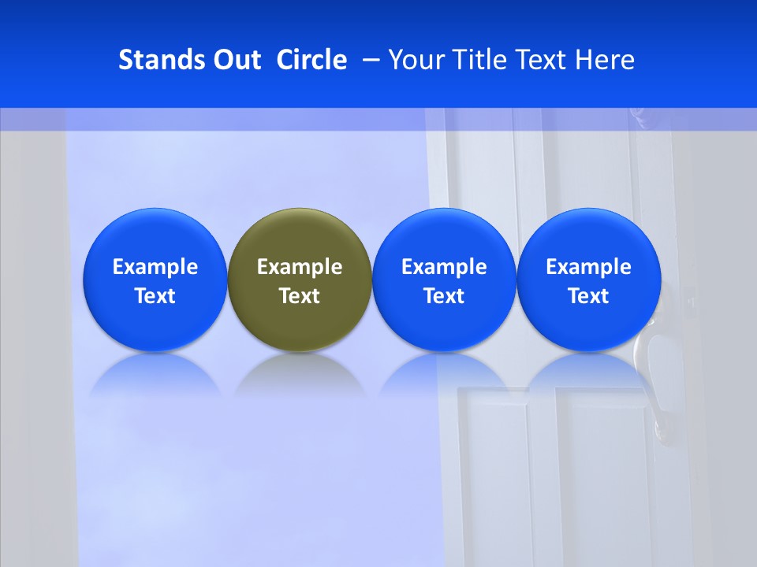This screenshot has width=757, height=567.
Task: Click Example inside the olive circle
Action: click(x=300, y=267)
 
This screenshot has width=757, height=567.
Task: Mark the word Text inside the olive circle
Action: click(x=300, y=296)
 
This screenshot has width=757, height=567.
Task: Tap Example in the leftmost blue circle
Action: click(x=155, y=267)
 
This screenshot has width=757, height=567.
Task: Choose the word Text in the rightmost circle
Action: click(x=588, y=296)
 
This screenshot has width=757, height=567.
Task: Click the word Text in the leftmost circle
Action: click(x=155, y=296)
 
